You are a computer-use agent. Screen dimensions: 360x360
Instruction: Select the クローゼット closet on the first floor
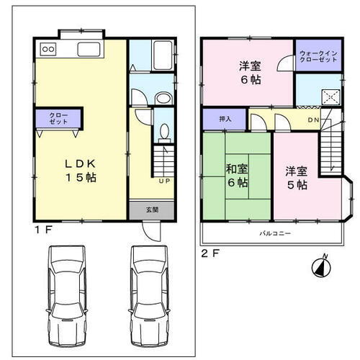59,118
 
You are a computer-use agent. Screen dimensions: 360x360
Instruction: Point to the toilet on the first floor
164,132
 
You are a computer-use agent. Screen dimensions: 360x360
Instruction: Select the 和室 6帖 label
237,176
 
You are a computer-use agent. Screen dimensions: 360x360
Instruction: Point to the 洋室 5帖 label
295,178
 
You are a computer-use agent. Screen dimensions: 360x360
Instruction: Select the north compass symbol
320,266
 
